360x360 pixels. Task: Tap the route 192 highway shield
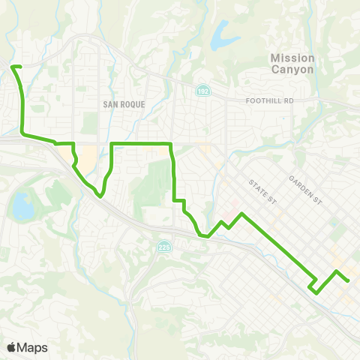[203, 91]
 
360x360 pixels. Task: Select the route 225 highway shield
[163, 247]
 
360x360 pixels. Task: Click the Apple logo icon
[12, 347]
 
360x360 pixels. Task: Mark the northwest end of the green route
[13, 67]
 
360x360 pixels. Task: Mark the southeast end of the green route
[349, 280]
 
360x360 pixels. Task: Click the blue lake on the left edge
[22, 206]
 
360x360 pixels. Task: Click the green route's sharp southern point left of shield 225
[99, 197]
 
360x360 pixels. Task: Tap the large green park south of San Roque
[154, 180]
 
